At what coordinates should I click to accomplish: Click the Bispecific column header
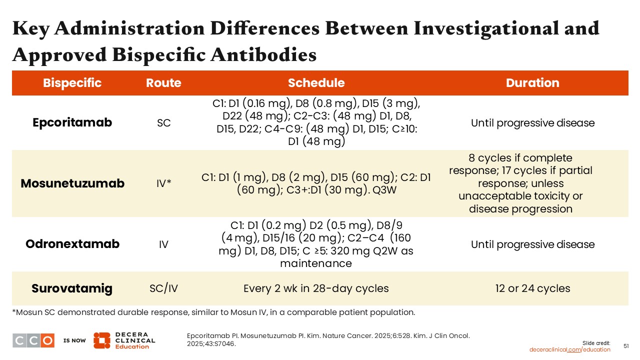pyautogui.click(x=72, y=83)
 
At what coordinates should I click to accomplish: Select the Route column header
pyautogui.click(x=163, y=83)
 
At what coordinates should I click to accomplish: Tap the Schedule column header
pyautogui.click(x=316, y=83)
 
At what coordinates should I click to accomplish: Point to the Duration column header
pyautogui.click(x=532, y=83)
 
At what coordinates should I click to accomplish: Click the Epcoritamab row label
pyautogui.click(x=72, y=122)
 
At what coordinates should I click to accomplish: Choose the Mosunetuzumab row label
pyautogui.click(x=72, y=183)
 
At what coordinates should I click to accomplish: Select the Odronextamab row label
pyautogui.click(x=72, y=244)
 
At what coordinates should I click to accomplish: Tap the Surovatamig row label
pyautogui.click(x=72, y=288)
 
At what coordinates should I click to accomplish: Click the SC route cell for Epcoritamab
pyautogui.click(x=163, y=123)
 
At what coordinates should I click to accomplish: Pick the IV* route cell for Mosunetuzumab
pyautogui.click(x=163, y=183)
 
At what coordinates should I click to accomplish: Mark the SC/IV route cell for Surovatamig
pyautogui.click(x=163, y=288)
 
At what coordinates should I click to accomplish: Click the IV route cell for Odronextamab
pyautogui.click(x=163, y=244)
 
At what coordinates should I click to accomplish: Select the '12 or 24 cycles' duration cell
pyautogui.click(x=533, y=288)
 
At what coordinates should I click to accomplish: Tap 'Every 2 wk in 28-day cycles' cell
pyautogui.click(x=316, y=288)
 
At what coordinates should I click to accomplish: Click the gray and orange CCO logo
pyautogui.click(x=33, y=340)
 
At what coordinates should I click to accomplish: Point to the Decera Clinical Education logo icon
pyautogui.click(x=101, y=340)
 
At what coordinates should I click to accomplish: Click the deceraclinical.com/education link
pyautogui.click(x=569, y=349)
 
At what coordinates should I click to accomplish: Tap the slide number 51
pyautogui.click(x=626, y=346)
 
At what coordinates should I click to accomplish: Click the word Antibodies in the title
pyautogui.click(x=263, y=54)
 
